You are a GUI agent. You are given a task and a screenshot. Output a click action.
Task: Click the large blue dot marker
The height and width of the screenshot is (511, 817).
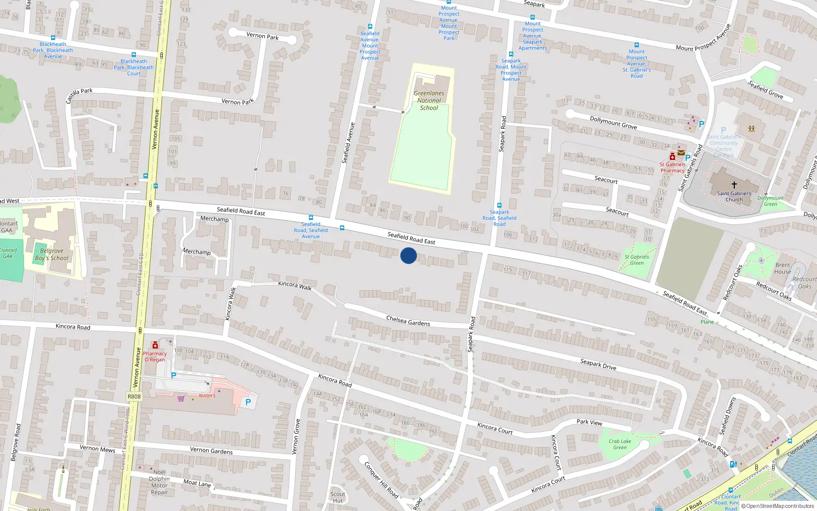(408, 255)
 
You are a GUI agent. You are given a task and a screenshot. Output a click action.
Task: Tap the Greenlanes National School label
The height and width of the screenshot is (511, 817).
(429, 101)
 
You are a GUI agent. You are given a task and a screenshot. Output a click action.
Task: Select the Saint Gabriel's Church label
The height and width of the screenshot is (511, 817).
(734, 196)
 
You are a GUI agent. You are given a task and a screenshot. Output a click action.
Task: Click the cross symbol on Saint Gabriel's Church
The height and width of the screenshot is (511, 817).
(734, 185)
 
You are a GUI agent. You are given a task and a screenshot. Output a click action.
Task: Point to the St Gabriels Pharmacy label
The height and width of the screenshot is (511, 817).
(672, 168)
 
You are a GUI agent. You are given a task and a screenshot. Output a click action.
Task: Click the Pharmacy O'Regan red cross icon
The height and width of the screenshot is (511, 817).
(155, 345)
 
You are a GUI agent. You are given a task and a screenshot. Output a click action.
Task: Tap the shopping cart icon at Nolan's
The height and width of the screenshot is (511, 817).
(181, 399)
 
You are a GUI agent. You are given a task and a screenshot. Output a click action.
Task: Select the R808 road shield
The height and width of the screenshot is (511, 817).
(134, 397)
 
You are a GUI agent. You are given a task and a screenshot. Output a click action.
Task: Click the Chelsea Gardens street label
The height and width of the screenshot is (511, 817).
(408, 321)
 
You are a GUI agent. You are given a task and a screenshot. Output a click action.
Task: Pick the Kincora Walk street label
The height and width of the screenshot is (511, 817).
(295, 286)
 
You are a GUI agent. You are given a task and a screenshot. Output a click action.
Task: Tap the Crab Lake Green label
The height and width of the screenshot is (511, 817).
(620, 444)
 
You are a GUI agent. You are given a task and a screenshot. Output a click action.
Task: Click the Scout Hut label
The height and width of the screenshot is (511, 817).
(338, 497)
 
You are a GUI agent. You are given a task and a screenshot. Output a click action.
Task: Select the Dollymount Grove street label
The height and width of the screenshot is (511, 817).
(613, 123)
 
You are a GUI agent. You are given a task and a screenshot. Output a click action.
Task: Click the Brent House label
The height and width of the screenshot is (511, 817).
(782, 268)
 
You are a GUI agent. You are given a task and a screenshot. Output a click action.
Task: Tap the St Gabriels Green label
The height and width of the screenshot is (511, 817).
(637, 260)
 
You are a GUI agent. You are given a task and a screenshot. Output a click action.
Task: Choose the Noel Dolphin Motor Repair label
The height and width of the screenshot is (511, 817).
(159, 482)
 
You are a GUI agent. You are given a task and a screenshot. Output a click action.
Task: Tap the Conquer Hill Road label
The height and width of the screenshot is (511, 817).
(381, 480)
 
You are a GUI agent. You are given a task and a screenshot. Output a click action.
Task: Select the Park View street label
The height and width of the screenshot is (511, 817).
(589, 422)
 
